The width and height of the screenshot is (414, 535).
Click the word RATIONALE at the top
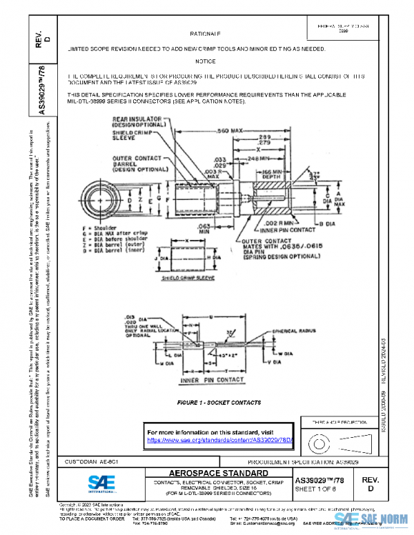[205, 33]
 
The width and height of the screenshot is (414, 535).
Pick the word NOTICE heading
[205, 61]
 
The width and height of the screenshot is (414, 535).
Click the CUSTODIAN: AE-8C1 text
[94, 459]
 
